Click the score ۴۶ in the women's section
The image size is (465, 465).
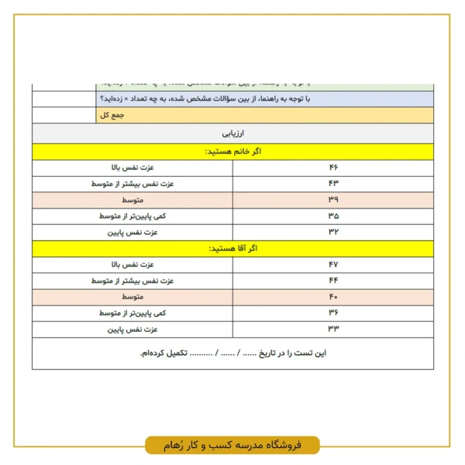click(x=333, y=167)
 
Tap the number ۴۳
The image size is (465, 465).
click(x=333, y=184)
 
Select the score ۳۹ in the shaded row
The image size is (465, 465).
click(x=333, y=200)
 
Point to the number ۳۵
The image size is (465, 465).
click(x=333, y=216)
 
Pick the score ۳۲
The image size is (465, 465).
click(x=333, y=232)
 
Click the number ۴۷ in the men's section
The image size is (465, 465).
click(x=333, y=265)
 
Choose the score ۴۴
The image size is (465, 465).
click(x=333, y=281)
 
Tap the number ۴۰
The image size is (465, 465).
click(x=333, y=297)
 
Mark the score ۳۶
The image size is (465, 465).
click(x=333, y=313)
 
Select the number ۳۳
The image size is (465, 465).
click(x=333, y=329)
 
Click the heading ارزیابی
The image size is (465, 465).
click(x=232, y=133)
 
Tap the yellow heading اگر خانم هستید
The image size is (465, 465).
click(x=232, y=151)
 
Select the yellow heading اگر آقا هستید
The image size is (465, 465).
click(x=232, y=249)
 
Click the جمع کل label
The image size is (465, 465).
click(x=112, y=115)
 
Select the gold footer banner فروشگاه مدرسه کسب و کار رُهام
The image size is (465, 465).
click(x=232, y=446)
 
